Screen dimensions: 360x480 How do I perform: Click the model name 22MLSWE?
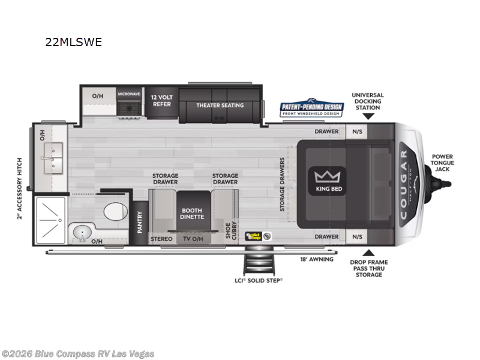[74, 42]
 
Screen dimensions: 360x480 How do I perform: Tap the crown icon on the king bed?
[328, 176]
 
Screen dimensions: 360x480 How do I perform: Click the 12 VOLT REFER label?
[161, 100]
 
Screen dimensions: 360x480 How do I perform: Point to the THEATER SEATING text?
[220, 105]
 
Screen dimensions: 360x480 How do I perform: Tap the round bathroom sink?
[82, 230]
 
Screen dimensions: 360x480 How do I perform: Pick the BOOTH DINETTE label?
[192, 214]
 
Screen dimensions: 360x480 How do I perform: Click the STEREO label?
[161, 239]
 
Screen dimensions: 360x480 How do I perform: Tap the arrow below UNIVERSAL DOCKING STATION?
[368, 116]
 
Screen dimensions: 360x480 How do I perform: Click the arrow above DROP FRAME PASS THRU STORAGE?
[368, 252]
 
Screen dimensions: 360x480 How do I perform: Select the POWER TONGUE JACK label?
[442, 163]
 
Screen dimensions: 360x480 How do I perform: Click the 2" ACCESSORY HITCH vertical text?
[20, 189]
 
